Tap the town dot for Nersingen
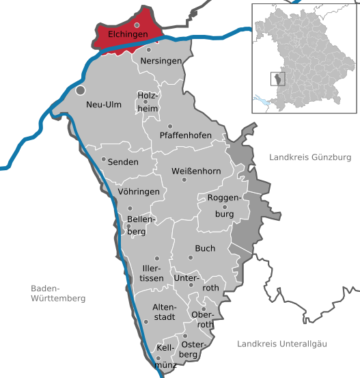pos(149,50)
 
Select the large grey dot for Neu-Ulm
pos(81,90)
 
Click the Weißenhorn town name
pos(196,171)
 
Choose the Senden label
pos(123,162)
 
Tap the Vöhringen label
pos(139,192)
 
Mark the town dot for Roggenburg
pos(224,207)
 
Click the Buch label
pos(205,249)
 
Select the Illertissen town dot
pos(156,258)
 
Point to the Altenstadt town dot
pos(146,321)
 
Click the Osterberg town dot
pos(184,336)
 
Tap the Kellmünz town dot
pos(158,357)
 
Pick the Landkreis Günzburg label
pos(309,157)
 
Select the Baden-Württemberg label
pos(58,293)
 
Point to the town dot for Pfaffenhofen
pos(170,126)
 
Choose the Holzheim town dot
pos(145,102)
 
